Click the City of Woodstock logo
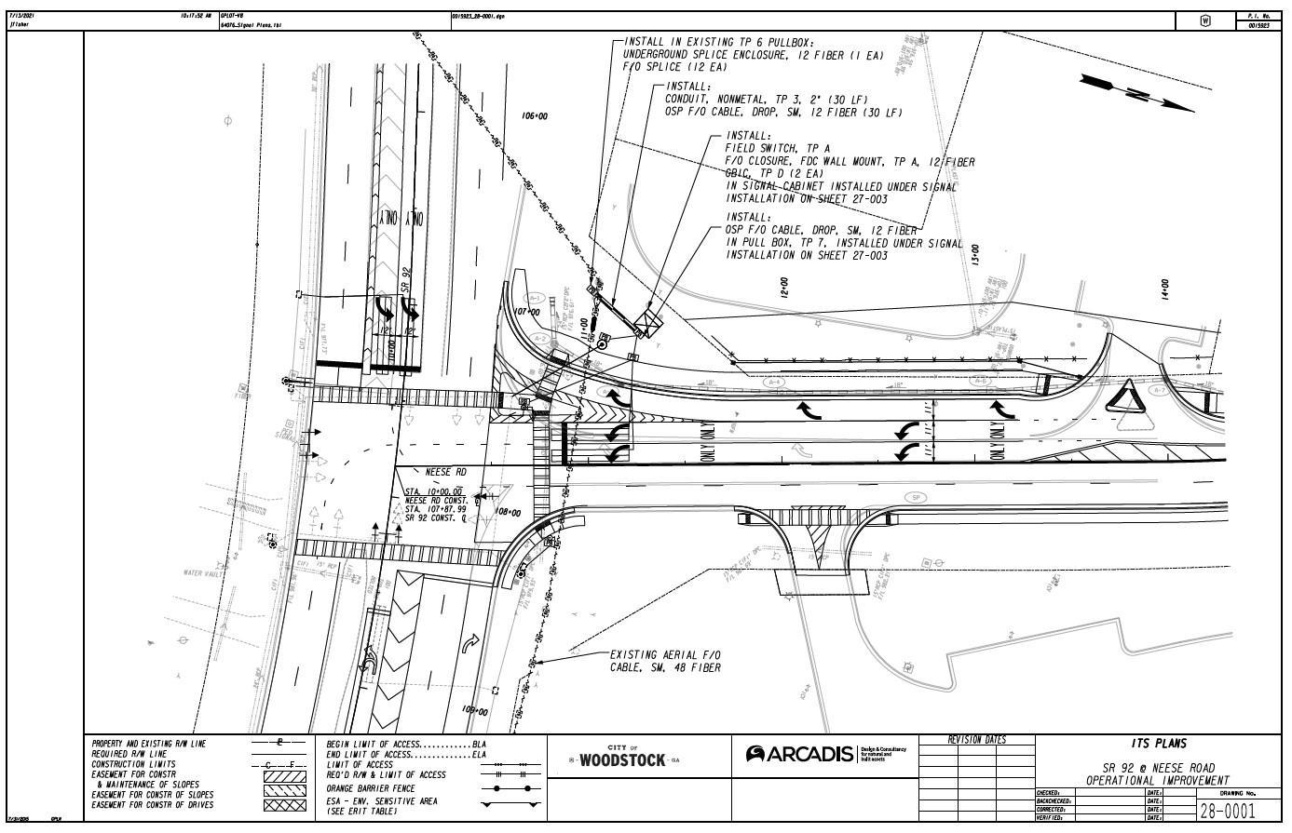622,758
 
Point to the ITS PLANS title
1159,744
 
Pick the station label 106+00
536,116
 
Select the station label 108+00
508,513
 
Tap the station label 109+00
475,710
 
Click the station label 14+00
1164,291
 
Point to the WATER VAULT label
204,573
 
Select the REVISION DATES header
976,740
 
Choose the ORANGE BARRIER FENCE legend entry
372,787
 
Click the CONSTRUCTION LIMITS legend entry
129,765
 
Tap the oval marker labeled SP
916,498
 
